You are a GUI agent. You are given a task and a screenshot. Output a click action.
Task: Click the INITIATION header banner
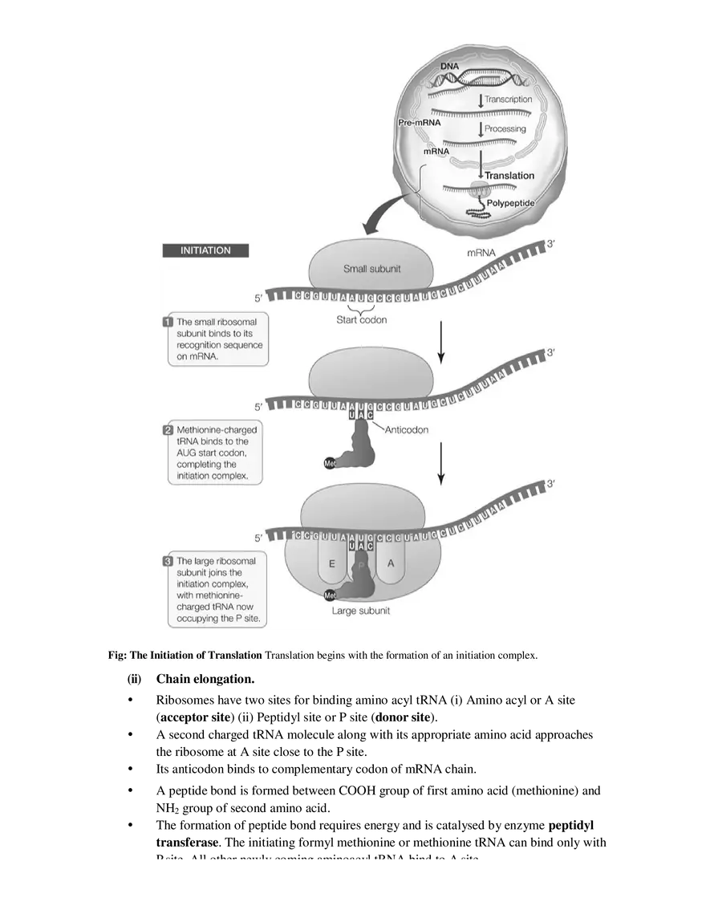(x=205, y=250)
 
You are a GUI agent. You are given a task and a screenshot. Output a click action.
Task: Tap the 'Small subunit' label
(x=371, y=269)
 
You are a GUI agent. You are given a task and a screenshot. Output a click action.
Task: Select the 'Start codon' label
(x=361, y=320)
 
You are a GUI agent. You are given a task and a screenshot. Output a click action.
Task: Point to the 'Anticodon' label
(x=407, y=429)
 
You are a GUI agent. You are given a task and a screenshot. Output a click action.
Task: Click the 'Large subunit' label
(x=361, y=611)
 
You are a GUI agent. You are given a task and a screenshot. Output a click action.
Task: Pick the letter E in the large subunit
(x=330, y=563)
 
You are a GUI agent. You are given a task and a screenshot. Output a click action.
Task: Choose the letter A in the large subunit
(x=391, y=563)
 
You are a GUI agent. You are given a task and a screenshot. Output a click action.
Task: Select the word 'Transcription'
(x=508, y=100)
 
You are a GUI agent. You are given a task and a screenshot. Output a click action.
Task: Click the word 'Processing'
(x=505, y=128)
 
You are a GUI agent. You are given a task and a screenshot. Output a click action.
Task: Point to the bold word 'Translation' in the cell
(x=509, y=175)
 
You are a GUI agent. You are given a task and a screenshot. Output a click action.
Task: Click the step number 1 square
(x=168, y=321)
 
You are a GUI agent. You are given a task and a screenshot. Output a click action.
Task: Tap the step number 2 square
(x=168, y=430)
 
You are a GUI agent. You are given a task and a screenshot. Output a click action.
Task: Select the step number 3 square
(x=168, y=561)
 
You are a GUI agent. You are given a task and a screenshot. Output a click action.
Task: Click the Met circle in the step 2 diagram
(x=329, y=464)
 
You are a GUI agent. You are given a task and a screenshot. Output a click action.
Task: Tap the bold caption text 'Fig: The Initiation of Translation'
(x=185, y=655)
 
